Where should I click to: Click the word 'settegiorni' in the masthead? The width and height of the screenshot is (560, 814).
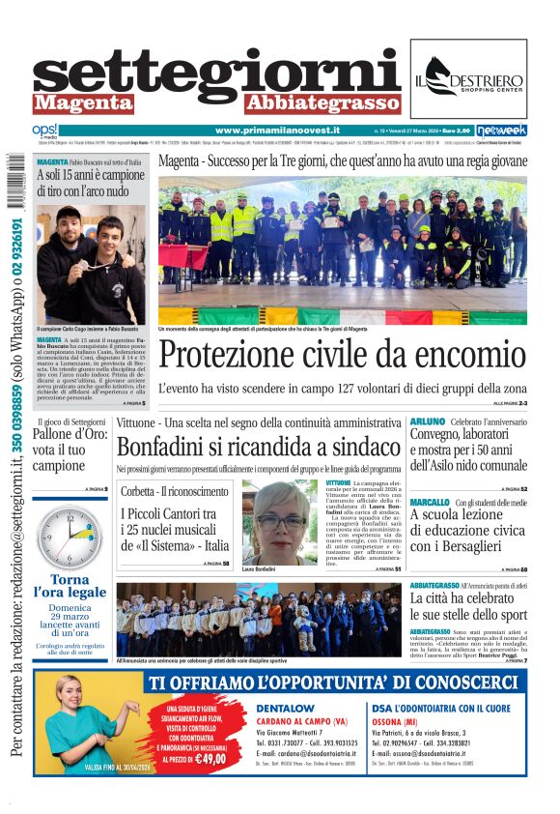[x=215, y=73]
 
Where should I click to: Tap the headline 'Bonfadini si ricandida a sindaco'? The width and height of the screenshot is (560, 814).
[x=258, y=448]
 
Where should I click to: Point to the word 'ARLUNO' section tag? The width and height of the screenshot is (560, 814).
[x=428, y=422]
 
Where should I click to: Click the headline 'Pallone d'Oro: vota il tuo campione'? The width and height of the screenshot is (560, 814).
[x=65, y=451]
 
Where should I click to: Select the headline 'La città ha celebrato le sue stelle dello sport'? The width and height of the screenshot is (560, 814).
[x=468, y=606]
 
